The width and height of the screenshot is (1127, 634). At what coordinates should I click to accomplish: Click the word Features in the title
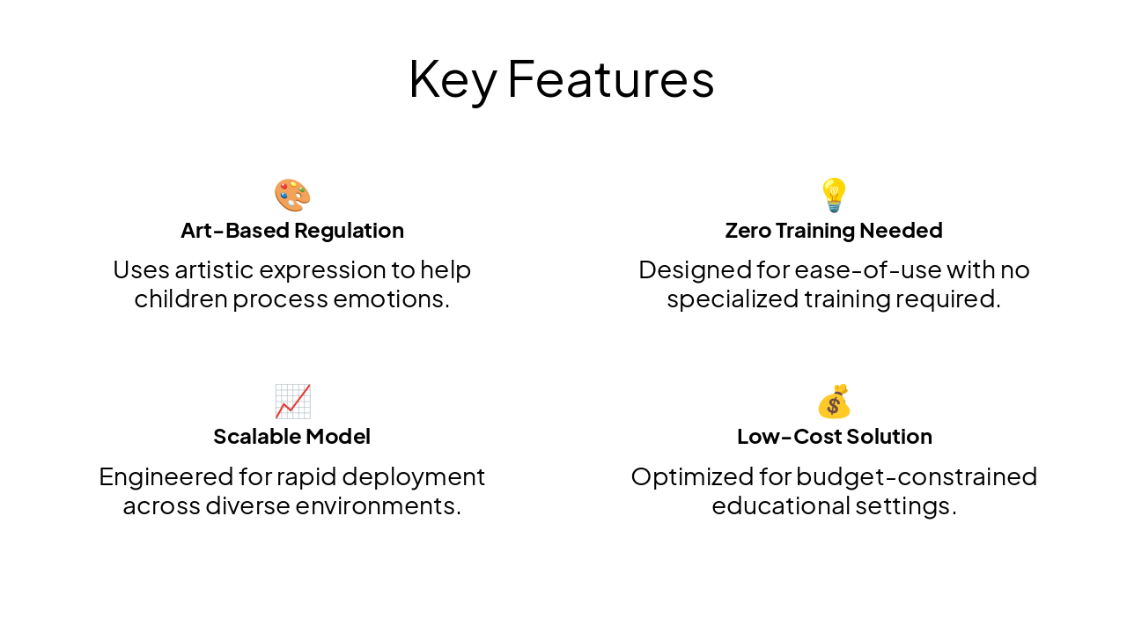(610, 79)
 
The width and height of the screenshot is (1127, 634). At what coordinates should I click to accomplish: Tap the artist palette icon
(292, 195)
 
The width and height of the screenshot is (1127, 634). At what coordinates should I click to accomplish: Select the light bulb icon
(834, 195)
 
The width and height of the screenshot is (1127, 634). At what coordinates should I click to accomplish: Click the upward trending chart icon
(292, 402)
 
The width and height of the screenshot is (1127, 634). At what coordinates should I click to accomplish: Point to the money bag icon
(834, 402)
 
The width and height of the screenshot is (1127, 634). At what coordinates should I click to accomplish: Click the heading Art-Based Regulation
(292, 231)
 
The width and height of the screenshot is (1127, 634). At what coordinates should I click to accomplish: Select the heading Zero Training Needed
(834, 231)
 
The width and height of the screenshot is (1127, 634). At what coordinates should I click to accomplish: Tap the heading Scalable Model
(292, 437)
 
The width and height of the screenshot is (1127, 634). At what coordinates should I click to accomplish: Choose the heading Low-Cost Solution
(834, 437)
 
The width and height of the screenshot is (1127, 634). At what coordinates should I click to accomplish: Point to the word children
(180, 299)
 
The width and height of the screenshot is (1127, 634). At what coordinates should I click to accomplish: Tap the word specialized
(733, 299)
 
